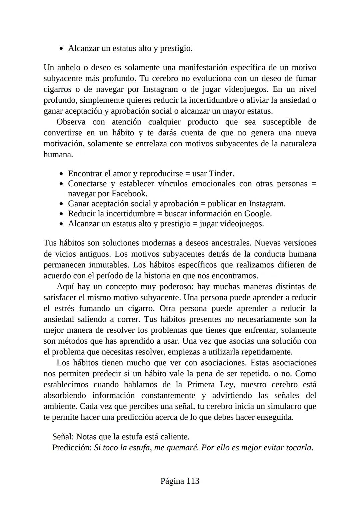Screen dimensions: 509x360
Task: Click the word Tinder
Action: tap(221, 174)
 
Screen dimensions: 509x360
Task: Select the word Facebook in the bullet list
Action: tap(129, 194)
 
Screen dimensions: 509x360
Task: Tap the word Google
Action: tap(258, 214)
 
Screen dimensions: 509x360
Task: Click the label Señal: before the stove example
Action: tap(63, 437)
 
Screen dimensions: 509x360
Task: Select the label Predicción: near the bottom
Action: tap(72, 448)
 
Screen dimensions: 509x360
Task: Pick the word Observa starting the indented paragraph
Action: tap(71, 122)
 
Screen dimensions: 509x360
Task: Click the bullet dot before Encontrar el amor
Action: tap(61, 174)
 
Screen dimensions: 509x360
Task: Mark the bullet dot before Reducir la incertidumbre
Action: tap(61, 214)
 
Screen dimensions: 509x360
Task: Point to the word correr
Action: tap(129, 319)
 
